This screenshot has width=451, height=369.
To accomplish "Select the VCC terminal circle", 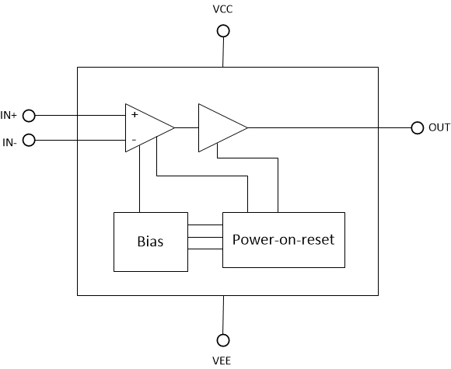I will pyautogui.click(x=223, y=31).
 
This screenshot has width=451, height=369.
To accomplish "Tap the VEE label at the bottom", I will pyautogui.click(x=222, y=360).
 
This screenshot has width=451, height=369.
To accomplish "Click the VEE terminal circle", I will pyautogui.click(x=223, y=339).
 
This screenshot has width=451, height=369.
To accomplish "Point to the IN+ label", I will pyautogui.click(x=9, y=116).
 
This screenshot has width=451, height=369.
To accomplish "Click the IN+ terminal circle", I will pyautogui.click(x=29, y=116).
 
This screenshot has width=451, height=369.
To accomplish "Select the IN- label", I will pyautogui.click(x=9, y=141).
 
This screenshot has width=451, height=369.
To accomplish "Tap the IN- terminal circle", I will pyautogui.click(x=29, y=141).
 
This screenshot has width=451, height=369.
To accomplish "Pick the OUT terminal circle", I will pyautogui.click(x=417, y=127).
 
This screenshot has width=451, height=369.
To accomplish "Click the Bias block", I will pyautogui.click(x=152, y=241).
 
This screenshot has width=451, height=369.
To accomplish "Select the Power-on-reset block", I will pyautogui.click(x=283, y=239).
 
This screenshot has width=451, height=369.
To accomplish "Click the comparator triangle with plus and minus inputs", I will pyautogui.click(x=146, y=127).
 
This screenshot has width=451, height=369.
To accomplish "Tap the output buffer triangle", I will pyautogui.click(x=219, y=127).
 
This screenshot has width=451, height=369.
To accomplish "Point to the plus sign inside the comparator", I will pyautogui.click(x=135, y=114).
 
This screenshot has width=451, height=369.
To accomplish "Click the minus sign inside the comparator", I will pyautogui.click(x=135, y=141).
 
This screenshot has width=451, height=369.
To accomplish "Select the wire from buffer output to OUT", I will pyautogui.click(x=327, y=127).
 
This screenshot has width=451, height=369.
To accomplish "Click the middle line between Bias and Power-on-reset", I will pyautogui.click(x=206, y=237).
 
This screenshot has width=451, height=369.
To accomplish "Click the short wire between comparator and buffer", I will pyautogui.click(x=187, y=127).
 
